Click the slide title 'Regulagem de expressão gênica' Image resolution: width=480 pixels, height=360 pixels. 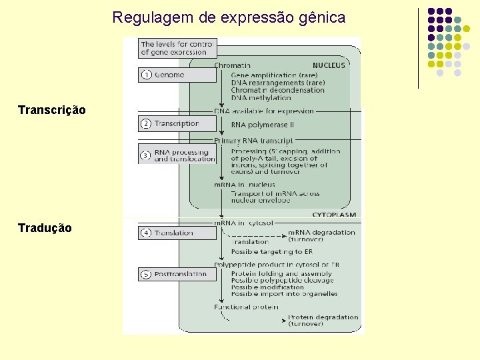pos(229,17)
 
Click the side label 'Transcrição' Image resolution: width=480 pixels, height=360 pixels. pos(52,109)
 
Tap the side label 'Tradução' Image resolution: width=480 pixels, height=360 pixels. pos(45,228)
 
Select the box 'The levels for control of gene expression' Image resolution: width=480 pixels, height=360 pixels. pos(177,47)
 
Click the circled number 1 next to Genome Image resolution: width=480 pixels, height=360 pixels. pos(146,75)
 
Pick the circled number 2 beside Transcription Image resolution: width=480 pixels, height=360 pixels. pos(146,123)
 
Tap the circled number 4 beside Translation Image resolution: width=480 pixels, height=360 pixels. pos(146,233)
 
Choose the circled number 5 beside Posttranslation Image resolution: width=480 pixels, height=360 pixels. pos(146,274)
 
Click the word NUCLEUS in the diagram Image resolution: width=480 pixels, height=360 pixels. pos(329,65)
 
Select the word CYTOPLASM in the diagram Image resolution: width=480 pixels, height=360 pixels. pos(333,215)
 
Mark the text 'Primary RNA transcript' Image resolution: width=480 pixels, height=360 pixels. pos(253,141)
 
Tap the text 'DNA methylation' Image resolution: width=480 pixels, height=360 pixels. pos(261,97)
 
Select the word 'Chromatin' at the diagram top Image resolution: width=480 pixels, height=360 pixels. pos(232,65)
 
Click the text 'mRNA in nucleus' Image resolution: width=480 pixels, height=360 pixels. pos(244,184)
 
